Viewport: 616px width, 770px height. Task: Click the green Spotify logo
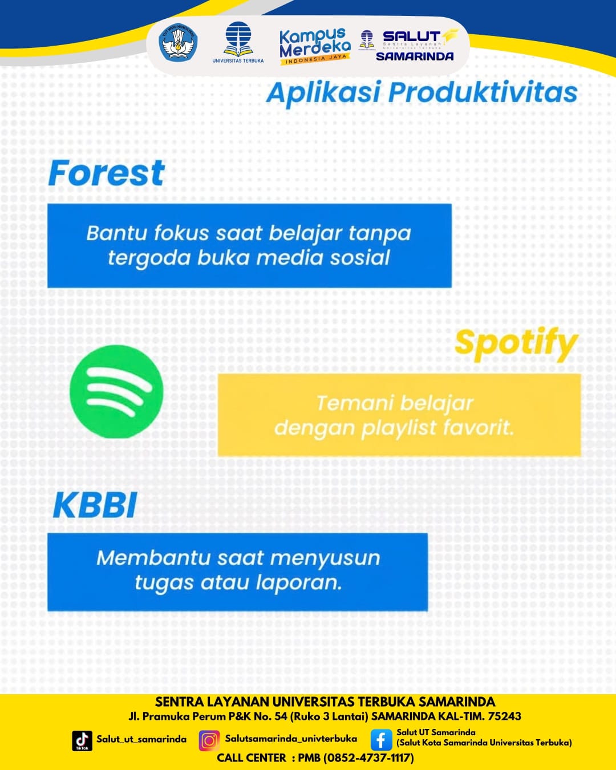[x=116, y=391]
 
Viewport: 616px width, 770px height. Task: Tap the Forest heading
[x=106, y=173]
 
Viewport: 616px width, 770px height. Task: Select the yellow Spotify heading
[x=516, y=344]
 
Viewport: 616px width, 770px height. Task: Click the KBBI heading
[x=95, y=505]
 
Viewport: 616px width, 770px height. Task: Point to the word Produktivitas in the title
[x=483, y=92]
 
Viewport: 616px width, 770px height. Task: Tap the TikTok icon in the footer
[x=82, y=741]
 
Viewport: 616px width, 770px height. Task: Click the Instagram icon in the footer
[x=209, y=741]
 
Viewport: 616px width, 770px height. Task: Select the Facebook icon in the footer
[x=381, y=740]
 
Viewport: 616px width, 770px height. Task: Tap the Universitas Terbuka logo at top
[x=238, y=42]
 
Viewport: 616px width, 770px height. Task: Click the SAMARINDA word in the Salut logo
[x=415, y=56]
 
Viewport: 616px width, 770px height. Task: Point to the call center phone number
[x=368, y=757]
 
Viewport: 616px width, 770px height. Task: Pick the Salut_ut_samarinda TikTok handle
[x=141, y=739]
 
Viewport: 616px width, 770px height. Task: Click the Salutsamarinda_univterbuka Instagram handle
[x=291, y=739]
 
